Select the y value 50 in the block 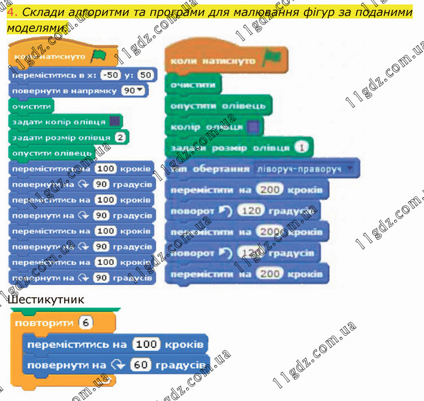click(145, 74)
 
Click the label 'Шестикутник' click(47, 300)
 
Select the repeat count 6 click(85, 322)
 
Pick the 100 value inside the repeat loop click(146, 344)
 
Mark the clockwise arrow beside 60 click(118, 365)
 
